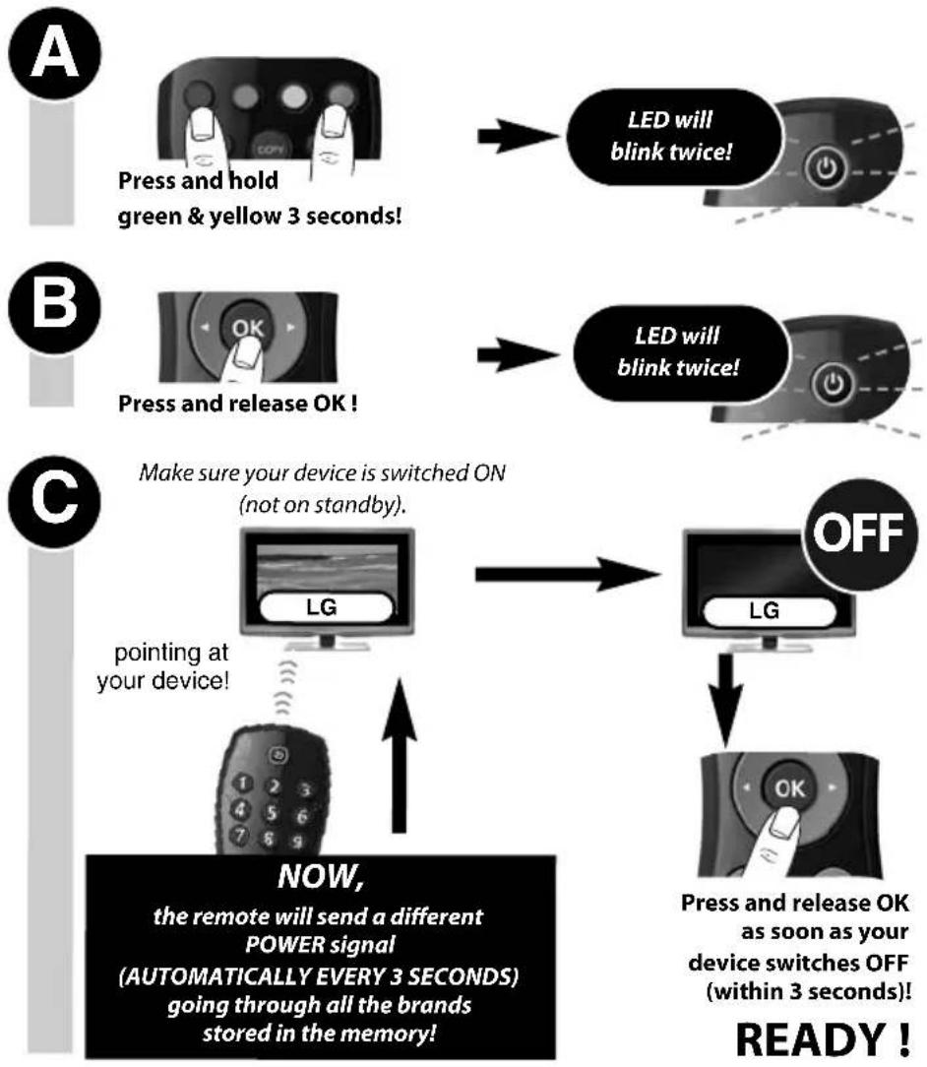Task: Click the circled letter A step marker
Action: click(x=54, y=54)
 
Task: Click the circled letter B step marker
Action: click(x=54, y=307)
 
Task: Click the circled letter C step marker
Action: click(x=54, y=502)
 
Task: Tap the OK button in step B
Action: click(x=247, y=328)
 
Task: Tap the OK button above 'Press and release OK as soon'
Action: click(x=789, y=788)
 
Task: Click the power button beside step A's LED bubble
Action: click(x=827, y=166)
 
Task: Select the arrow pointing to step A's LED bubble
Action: click(x=517, y=136)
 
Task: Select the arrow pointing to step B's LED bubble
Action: click(x=517, y=353)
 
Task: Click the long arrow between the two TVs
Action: click(x=567, y=574)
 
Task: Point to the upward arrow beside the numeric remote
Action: click(x=400, y=755)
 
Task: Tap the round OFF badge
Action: click(x=859, y=533)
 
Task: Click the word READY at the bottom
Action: click(x=812, y=1039)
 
